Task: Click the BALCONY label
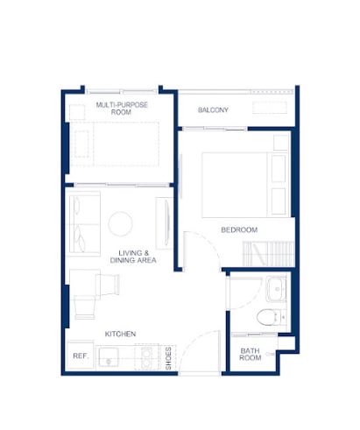pyautogui.click(x=213, y=110)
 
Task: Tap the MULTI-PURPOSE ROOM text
pyautogui.click(x=122, y=109)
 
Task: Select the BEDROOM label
pyautogui.click(x=239, y=229)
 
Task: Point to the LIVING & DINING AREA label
pyautogui.click(x=133, y=257)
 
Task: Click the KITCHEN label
pyautogui.click(x=120, y=334)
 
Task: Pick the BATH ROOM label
pyautogui.click(x=250, y=354)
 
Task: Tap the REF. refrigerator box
pyautogui.click(x=81, y=356)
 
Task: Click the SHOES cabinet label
pyautogui.click(x=168, y=358)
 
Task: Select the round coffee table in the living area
pyautogui.click(x=120, y=223)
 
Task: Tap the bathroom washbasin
pyautogui.click(x=276, y=289)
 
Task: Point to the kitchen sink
pyautogui.click(x=109, y=357)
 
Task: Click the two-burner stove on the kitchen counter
pyautogui.click(x=146, y=357)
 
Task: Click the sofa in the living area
pyautogui.click(x=85, y=223)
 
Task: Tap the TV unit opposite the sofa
pyautogui.click(x=165, y=223)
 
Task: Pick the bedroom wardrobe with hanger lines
pyautogui.click(x=268, y=253)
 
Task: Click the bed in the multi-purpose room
pyautogui.click(x=115, y=145)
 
